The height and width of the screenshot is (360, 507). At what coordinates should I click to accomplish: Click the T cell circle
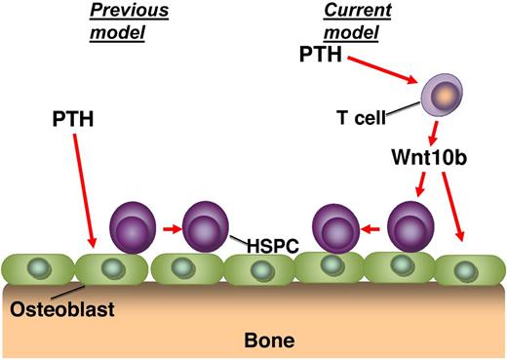(441, 94)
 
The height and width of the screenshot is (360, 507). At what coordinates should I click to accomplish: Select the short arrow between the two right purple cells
(369, 230)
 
